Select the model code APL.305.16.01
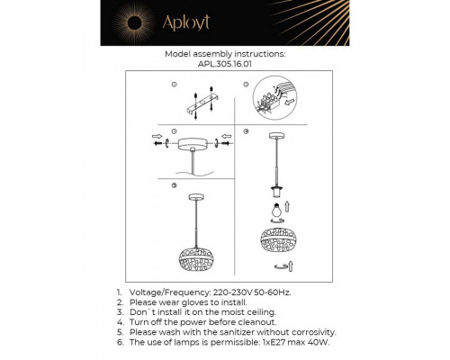point(225,65)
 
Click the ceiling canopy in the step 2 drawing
point(193,144)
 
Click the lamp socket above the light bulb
point(274,192)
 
